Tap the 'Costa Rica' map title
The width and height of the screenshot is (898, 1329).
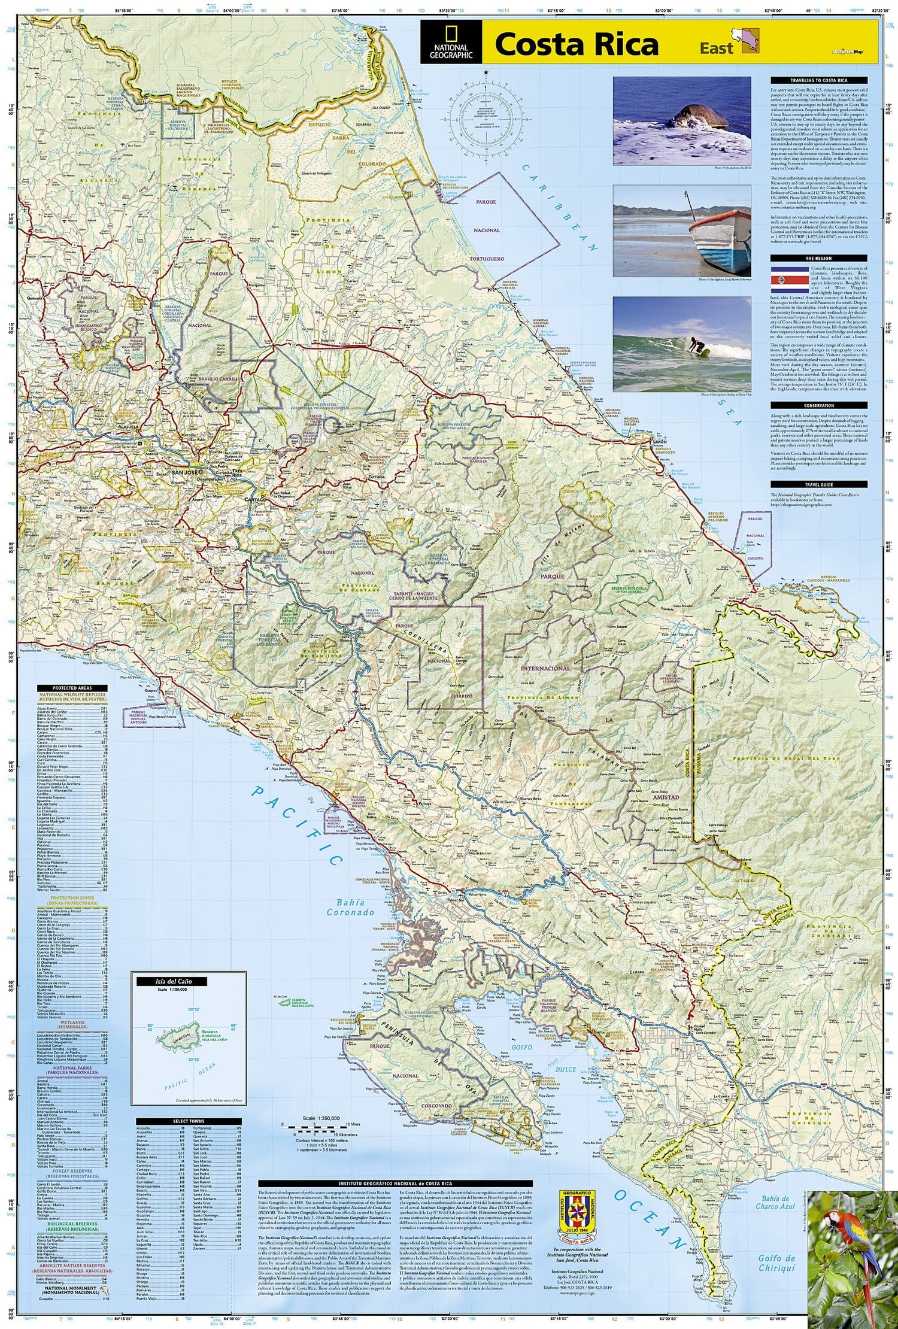click(x=576, y=45)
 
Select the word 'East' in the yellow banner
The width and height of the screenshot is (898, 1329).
click(x=716, y=48)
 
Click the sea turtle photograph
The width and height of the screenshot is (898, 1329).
click(x=681, y=120)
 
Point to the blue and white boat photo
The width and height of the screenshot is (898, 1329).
click(x=681, y=230)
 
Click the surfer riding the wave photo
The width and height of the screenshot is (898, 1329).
click(x=681, y=344)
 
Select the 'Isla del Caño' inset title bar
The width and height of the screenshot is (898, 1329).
click(x=163, y=982)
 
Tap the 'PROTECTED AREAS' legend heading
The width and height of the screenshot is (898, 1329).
click(x=71, y=688)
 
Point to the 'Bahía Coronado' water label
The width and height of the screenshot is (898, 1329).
click(x=350, y=907)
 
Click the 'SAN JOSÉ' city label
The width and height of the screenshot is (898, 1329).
click(x=184, y=473)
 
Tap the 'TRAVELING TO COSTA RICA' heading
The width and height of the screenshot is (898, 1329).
click(x=818, y=80)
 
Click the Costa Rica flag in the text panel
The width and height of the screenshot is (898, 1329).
click(x=788, y=280)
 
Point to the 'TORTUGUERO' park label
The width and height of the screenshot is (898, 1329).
click(x=486, y=259)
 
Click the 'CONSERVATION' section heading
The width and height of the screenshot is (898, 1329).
click(x=818, y=406)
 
